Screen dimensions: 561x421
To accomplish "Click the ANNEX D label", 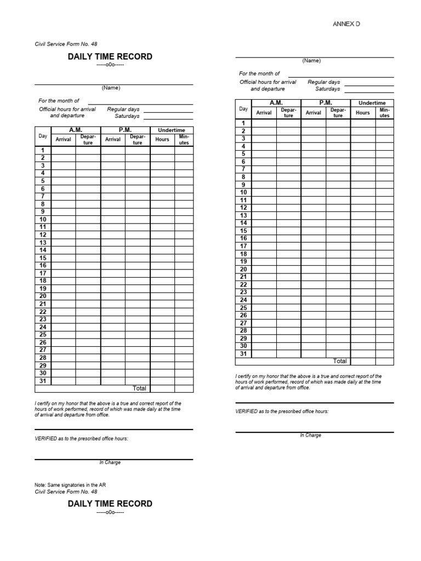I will point(346,24).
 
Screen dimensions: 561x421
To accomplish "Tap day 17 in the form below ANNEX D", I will point(243,246).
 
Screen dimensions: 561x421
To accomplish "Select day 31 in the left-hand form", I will point(43,381).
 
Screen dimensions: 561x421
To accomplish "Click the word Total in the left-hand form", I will point(139,388).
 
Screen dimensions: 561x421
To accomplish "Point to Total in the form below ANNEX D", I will point(340,361).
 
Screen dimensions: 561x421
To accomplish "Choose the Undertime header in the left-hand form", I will point(172,130).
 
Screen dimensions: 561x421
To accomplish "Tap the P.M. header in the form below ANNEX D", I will point(326,102).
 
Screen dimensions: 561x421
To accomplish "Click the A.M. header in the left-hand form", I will point(76,130).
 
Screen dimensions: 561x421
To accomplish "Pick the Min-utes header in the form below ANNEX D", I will point(384,112).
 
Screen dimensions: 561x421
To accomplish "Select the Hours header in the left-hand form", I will point(162,139).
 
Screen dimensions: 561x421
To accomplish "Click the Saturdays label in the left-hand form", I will point(127,116).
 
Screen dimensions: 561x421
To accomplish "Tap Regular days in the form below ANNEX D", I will point(324,82).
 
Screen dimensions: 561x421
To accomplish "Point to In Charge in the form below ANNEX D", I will point(310,435).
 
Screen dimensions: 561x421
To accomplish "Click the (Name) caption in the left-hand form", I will point(111,88).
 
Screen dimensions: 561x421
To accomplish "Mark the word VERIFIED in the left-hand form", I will point(45,439).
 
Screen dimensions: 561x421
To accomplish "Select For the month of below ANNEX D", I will point(259,73).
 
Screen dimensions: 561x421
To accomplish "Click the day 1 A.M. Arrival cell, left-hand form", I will point(63,150).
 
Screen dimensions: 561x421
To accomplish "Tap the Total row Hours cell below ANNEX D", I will point(363,361).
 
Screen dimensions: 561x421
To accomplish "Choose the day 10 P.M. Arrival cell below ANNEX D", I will point(314,192).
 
